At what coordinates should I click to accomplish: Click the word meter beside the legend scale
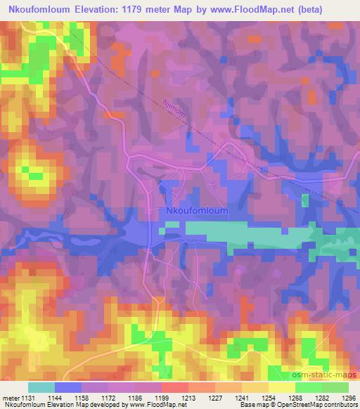point(11,398)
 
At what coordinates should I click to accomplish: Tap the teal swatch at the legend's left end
point(41,387)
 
